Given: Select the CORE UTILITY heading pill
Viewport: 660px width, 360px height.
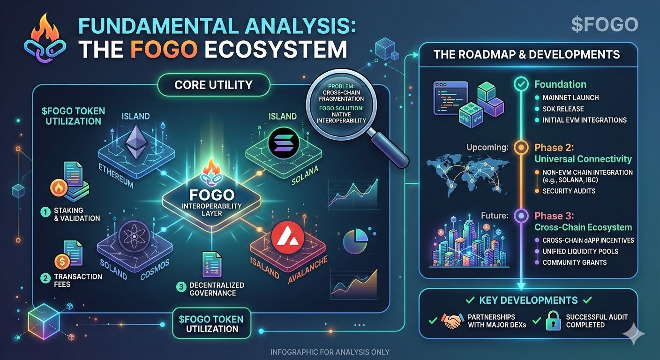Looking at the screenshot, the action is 213,85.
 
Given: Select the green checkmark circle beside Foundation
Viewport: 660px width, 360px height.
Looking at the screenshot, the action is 521,84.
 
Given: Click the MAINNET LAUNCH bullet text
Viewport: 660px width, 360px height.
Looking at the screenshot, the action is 570,97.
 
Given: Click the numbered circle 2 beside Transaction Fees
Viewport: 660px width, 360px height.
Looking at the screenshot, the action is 45,277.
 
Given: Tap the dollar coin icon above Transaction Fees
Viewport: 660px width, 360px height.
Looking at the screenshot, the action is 62,260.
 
